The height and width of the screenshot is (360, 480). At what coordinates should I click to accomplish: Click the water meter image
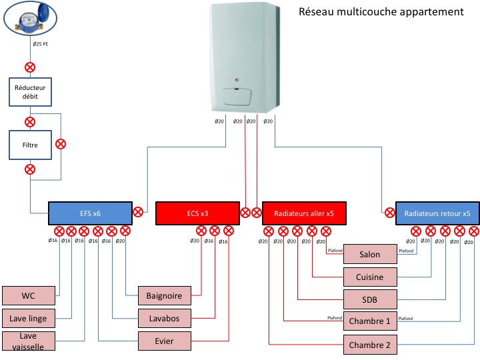(x=32, y=19)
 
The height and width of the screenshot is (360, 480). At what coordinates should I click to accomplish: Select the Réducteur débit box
(x=30, y=91)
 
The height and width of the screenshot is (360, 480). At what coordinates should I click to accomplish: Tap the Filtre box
(x=30, y=143)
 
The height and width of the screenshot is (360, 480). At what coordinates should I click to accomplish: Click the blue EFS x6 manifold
(x=90, y=213)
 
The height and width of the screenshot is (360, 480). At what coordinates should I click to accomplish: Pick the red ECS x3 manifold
(x=197, y=213)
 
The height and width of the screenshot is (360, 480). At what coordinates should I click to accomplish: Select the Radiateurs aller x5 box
(x=303, y=213)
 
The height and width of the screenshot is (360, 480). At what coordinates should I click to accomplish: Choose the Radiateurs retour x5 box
(x=437, y=213)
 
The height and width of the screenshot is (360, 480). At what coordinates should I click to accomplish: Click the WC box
(x=28, y=295)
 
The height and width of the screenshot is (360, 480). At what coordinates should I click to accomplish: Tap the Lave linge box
(x=28, y=317)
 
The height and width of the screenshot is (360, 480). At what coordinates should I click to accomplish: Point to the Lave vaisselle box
(x=28, y=340)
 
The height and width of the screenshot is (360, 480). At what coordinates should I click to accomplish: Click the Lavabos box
(x=164, y=317)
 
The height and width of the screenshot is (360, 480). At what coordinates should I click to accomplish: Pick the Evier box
(x=164, y=341)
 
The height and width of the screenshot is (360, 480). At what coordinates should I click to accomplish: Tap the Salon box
(x=370, y=255)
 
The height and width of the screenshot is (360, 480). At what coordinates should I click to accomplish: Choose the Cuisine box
(x=370, y=276)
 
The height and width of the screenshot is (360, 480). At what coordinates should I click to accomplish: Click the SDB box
(x=370, y=298)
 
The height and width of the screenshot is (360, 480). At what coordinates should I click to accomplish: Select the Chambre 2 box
(x=370, y=345)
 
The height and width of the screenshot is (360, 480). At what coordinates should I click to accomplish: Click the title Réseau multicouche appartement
(x=381, y=12)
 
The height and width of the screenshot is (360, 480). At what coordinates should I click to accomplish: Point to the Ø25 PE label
(x=40, y=44)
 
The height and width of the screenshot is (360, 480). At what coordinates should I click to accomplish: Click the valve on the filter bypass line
(x=61, y=143)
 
